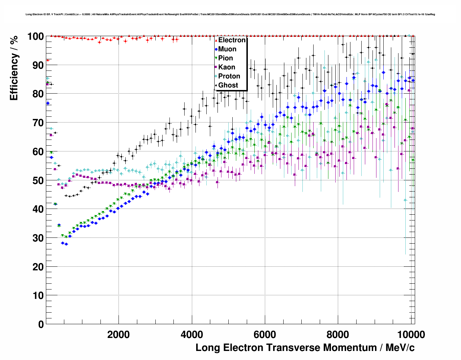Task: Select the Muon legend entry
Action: tap(227, 49)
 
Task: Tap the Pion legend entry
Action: tap(225, 58)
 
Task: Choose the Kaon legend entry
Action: tap(227, 67)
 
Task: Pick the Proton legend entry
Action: tap(229, 76)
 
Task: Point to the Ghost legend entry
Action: tap(228, 85)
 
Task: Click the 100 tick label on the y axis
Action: tap(35, 37)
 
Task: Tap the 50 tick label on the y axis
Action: tap(38, 180)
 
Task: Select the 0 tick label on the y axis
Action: tap(40, 324)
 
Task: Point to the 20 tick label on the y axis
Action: tap(38, 267)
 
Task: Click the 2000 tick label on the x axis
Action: tap(119, 335)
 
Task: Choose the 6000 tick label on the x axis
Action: tap(265, 335)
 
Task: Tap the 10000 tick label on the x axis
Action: tap(410, 335)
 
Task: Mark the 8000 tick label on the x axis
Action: tap(338, 335)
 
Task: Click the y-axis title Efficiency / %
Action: tap(14, 68)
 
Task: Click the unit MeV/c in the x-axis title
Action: tap(400, 348)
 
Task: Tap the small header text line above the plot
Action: tap(230, 14)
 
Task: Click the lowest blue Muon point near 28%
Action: tap(66, 244)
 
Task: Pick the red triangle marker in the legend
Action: tap(216, 40)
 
